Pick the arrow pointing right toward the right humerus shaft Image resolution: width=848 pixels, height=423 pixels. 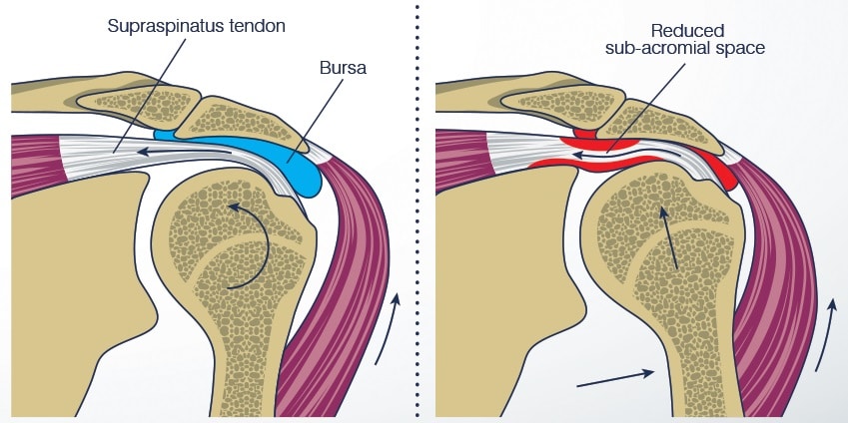pyautogui.click(x=615, y=377)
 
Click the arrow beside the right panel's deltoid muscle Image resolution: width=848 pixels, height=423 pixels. pyautogui.click(x=828, y=334)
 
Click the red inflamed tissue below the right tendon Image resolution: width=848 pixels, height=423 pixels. pyautogui.click(x=559, y=163)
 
